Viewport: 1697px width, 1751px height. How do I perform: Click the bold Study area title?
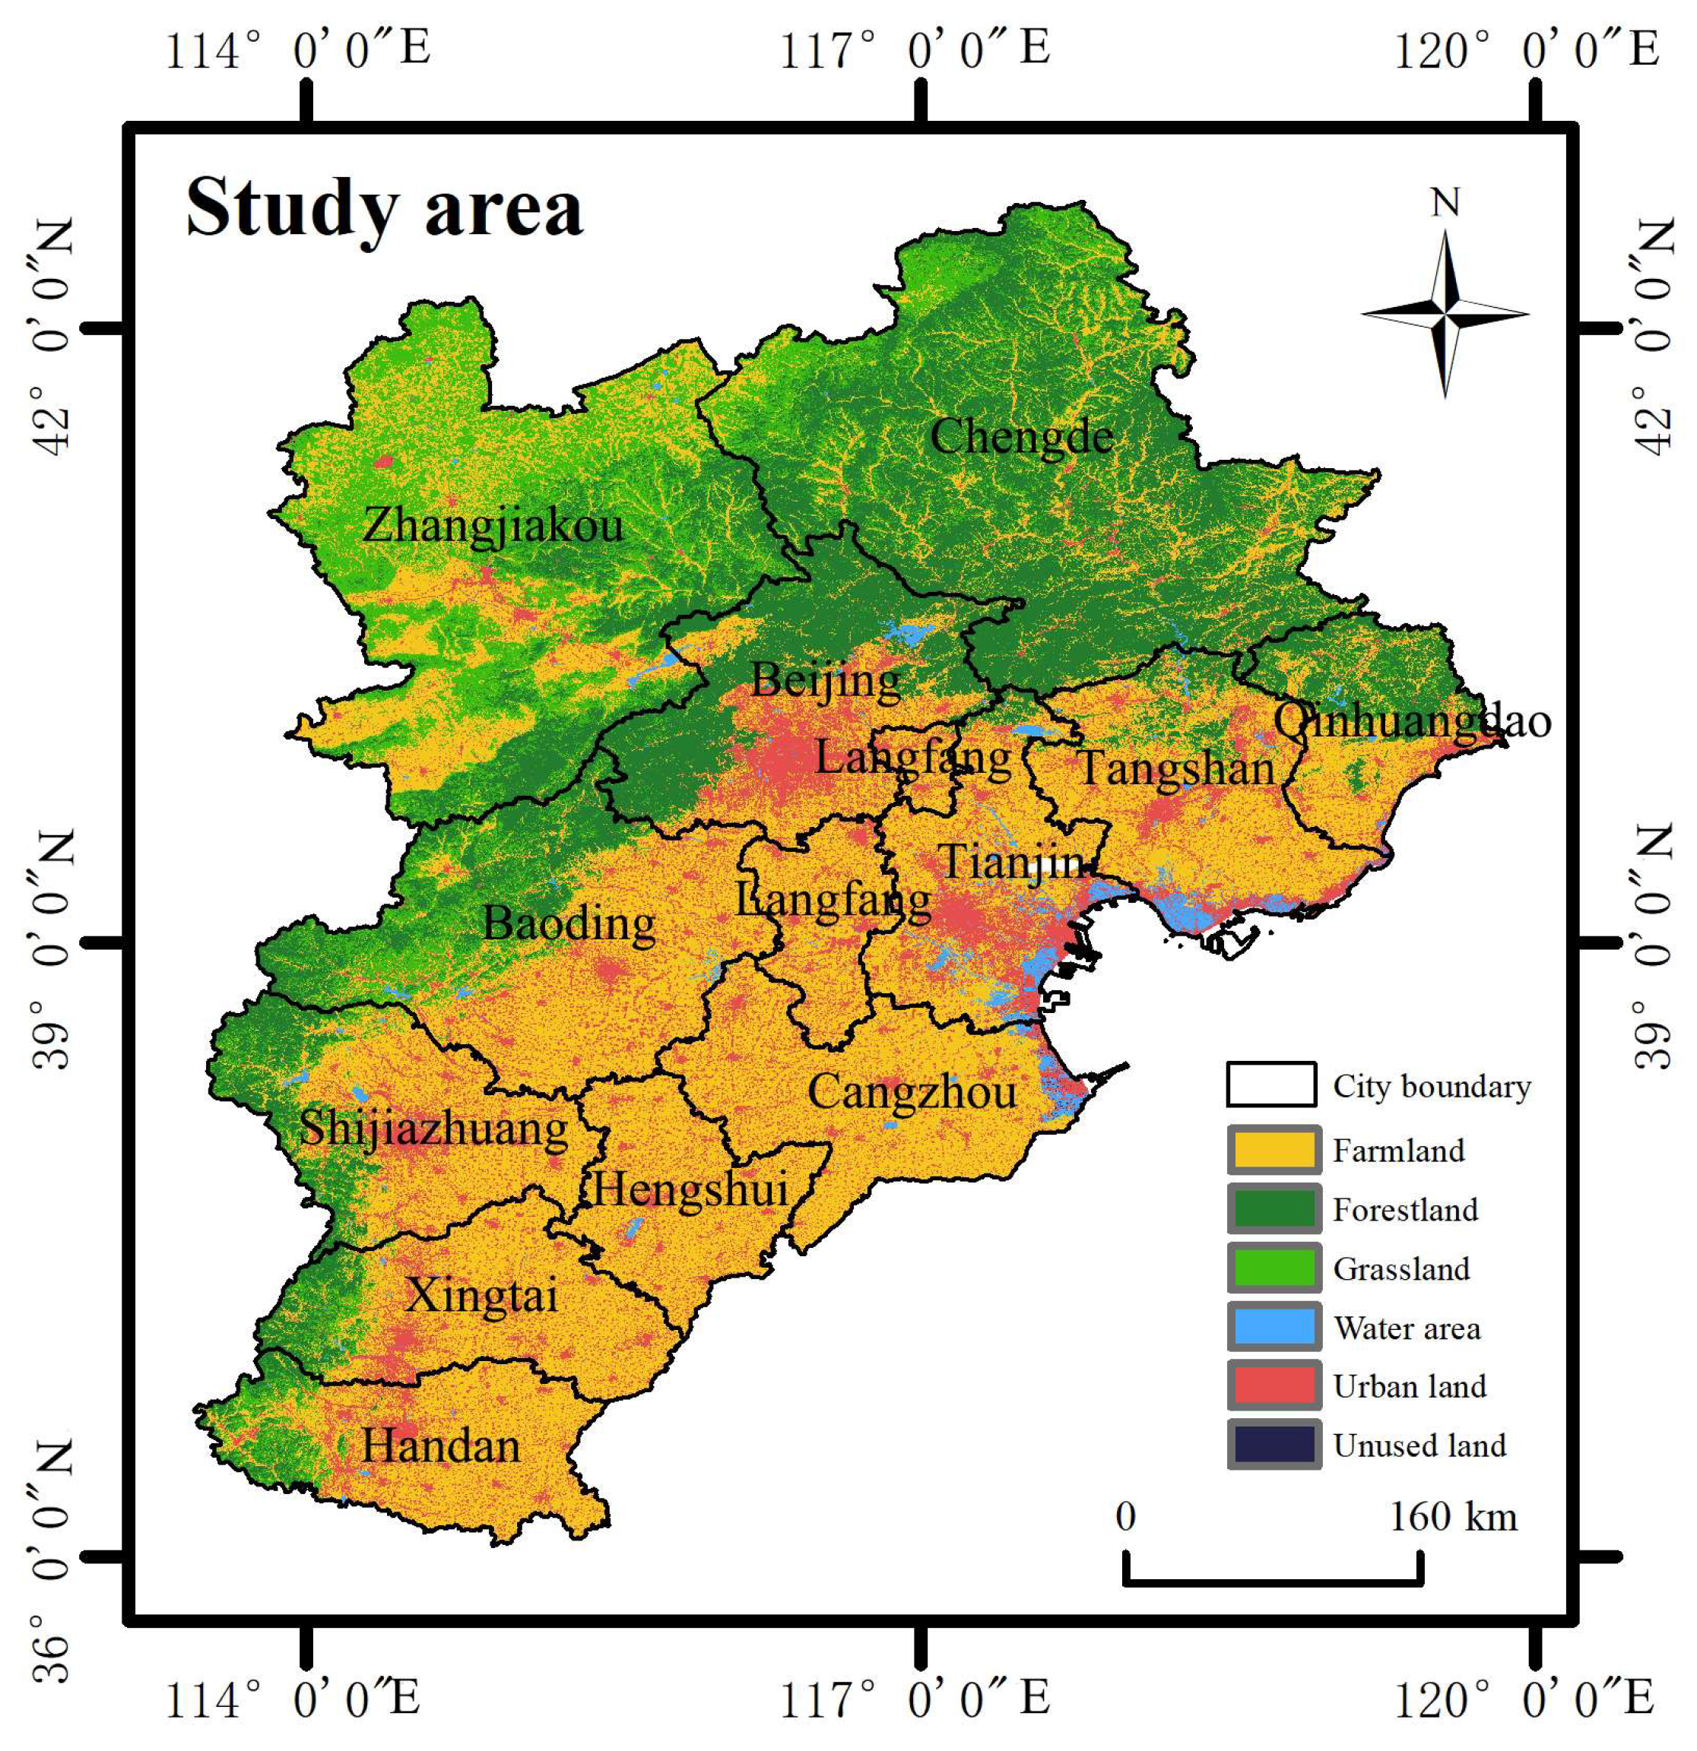tap(384, 208)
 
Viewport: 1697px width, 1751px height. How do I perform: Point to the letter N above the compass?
tap(1445, 204)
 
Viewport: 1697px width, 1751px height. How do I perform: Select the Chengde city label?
tap(1021, 438)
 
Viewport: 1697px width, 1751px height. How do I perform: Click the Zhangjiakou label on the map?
tap(493, 524)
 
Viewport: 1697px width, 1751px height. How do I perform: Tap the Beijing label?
tap(826, 681)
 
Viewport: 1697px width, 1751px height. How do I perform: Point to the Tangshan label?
tap(1177, 768)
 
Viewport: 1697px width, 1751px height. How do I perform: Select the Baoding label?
tap(569, 923)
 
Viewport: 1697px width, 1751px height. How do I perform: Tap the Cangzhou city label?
tap(912, 1091)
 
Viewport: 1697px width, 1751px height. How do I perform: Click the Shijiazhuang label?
tap(433, 1127)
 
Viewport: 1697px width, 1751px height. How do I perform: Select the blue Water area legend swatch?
tap(1274, 1328)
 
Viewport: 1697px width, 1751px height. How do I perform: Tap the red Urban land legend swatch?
tap(1274, 1386)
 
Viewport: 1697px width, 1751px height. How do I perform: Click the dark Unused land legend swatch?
tap(1274, 1445)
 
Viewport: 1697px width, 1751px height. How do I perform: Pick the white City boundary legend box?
tap(1270, 1084)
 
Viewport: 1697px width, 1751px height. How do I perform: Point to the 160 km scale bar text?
tap(1453, 1517)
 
